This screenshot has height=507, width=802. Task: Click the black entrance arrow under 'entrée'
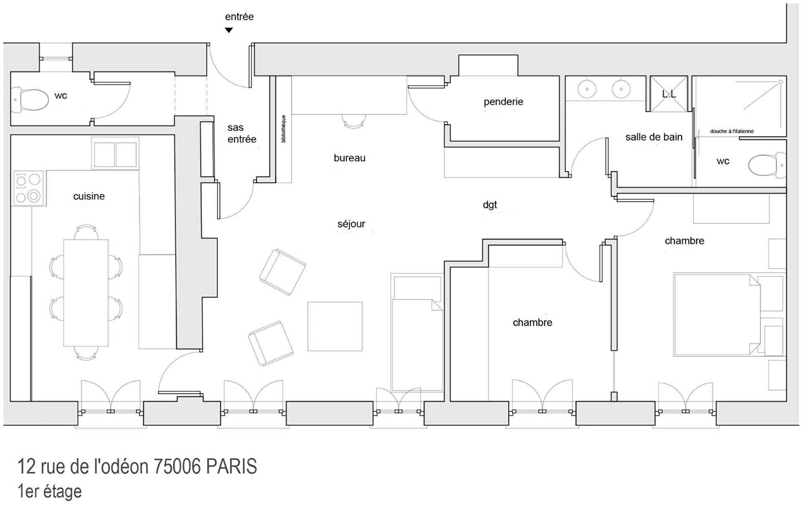pos(228,30)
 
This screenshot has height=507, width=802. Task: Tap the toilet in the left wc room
pos(30,100)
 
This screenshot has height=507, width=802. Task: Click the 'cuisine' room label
pos(89,196)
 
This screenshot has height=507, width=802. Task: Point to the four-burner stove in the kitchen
pos(29,188)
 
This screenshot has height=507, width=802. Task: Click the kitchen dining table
pos(86,293)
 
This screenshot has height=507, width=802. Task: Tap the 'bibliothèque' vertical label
pos(284,129)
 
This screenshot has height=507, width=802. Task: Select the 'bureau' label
pos(350,158)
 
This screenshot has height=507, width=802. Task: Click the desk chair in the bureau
pos(353,121)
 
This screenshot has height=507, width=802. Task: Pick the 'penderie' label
pos(503,101)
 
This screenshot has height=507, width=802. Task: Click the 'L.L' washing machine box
pos(669,94)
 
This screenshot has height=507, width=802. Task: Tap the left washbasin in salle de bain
pos(587,89)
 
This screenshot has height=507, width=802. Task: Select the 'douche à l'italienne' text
pos(732,131)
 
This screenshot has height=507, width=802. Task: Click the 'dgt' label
pos(490,205)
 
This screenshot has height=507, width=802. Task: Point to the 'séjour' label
pos(351,224)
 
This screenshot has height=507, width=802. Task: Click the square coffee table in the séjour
pos(335,326)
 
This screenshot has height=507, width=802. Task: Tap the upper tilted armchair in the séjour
pos(282,272)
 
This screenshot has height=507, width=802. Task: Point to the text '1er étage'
pos(49,492)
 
